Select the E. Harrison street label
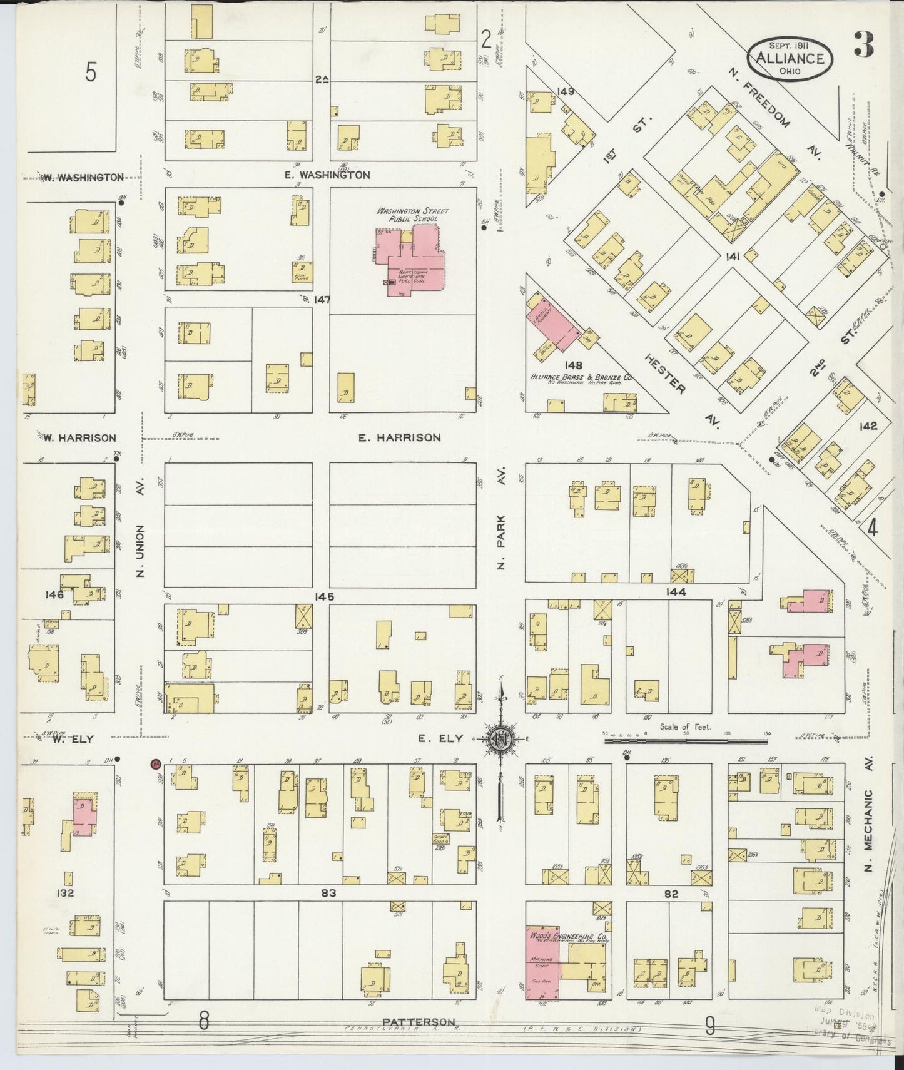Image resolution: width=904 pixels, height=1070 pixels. pos(399,437)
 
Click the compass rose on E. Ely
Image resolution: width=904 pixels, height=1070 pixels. pos(501,738)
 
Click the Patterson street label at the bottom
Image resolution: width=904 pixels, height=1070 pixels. pos(419,1022)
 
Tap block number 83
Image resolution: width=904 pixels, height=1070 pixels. pos(329,893)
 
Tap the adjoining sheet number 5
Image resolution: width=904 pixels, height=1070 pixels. pos(91,73)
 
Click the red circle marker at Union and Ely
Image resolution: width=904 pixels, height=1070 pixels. pos(156,763)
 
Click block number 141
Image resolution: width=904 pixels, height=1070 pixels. pos(733,256)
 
